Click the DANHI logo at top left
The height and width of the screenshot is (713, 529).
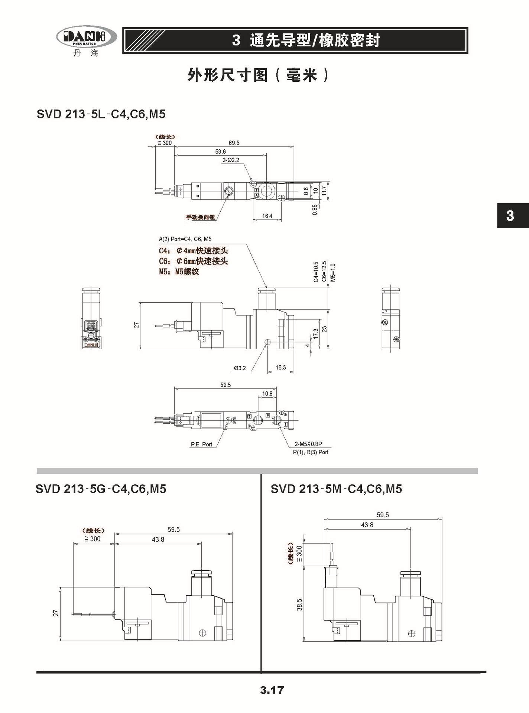[86, 38]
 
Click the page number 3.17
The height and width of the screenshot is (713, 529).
[272, 690]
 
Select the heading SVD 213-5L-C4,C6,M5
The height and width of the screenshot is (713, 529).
[101, 114]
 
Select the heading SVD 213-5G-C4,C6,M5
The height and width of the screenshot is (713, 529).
[101, 489]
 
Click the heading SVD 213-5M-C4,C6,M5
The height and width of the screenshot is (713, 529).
[336, 489]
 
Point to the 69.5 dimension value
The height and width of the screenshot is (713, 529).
[234, 143]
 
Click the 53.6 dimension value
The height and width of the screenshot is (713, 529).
[220, 152]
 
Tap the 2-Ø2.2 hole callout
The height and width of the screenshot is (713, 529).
[231, 160]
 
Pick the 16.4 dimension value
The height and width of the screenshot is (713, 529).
[267, 216]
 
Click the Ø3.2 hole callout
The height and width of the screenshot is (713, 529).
[240, 368]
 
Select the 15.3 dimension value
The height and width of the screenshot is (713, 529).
[280, 367]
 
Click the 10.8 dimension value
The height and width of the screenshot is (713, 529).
[267, 394]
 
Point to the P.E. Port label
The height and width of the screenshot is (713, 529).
[201, 444]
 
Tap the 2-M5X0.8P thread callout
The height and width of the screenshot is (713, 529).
[308, 444]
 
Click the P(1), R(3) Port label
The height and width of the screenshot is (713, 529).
[311, 452]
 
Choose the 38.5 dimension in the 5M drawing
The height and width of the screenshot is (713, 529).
[300, 604]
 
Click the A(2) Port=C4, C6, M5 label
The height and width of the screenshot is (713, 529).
[185, 239]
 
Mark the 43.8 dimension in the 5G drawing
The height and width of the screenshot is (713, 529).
[158, 539]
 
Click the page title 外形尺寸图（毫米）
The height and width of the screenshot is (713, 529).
[258, 75]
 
